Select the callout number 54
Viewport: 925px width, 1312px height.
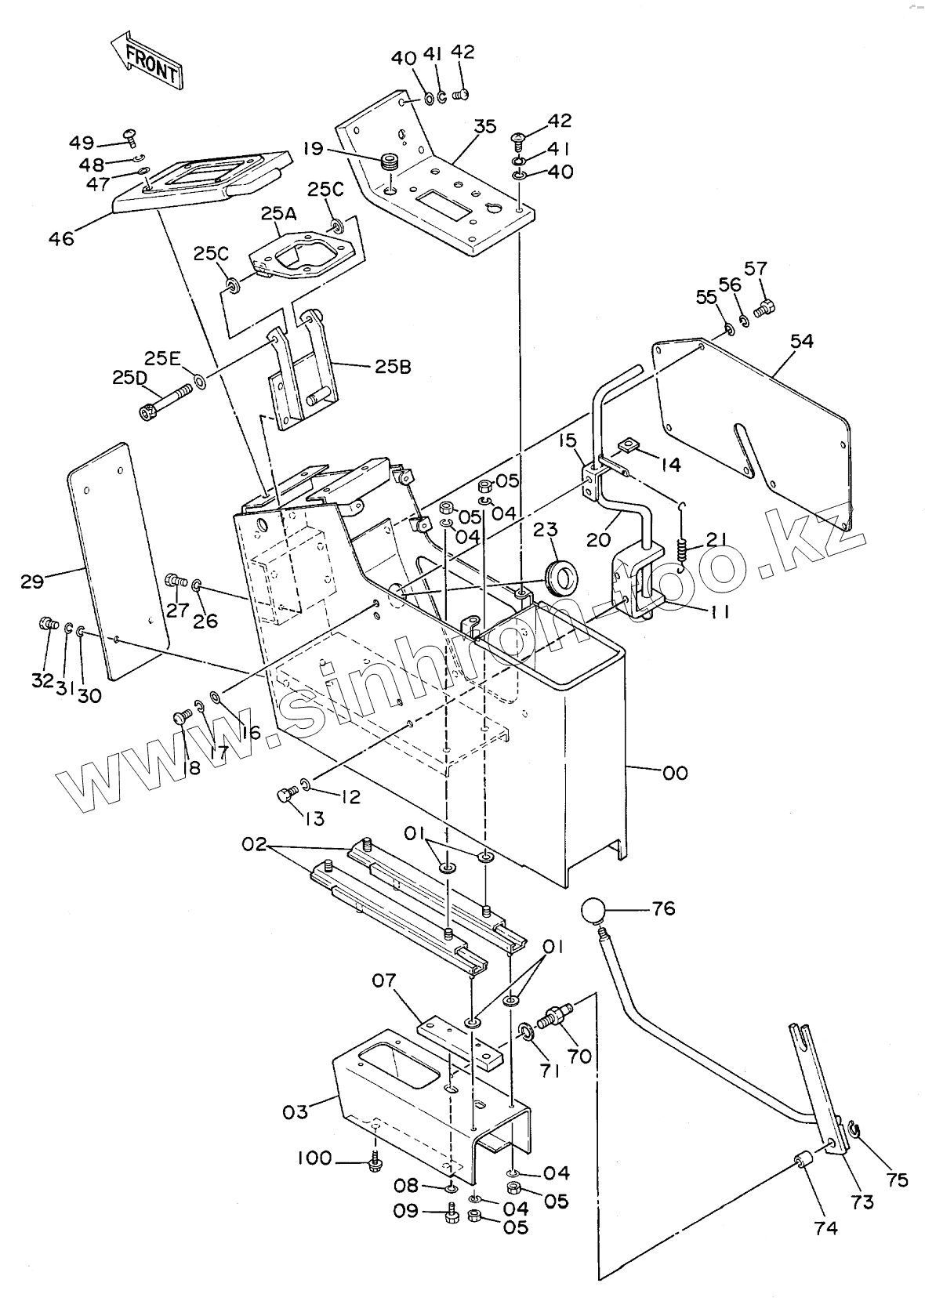[801, 341]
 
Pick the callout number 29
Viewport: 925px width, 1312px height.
[33, 581]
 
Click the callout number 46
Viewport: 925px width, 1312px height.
[61, 237]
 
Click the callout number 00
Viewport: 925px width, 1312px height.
[675, 773]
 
